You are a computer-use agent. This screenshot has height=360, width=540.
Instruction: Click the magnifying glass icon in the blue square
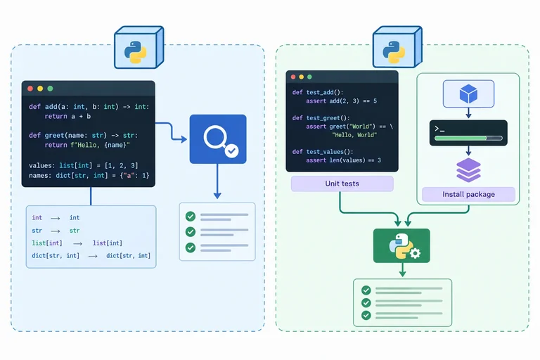tap(216, 138)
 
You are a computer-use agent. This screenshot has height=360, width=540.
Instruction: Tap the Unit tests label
tap(342, 184)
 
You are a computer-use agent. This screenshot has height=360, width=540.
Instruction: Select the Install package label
tap(468, 194)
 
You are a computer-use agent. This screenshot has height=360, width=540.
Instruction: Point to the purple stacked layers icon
tap(468, 170)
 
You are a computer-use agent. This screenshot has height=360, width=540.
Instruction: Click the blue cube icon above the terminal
tap(468, 94)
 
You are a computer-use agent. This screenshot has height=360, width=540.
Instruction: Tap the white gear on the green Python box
tap(416, 254)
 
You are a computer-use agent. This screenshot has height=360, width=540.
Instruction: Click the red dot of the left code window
tap(30, 89)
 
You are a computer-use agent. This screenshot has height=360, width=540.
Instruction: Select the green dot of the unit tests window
tap(309, 77)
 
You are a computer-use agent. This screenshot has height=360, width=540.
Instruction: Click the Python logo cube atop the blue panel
tap(139, 48)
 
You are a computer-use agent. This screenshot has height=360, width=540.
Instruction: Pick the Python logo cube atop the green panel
tap(397, 48)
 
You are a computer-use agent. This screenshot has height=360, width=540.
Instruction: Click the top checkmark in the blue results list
tap(191, 217)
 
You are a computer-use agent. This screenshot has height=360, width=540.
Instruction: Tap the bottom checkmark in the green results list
tap(366, 315)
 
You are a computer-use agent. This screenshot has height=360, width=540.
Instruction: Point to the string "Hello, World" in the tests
tap(354, 135)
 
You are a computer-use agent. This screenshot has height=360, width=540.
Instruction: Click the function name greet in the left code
tap(54, 136)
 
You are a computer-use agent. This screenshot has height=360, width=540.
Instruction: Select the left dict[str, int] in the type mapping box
tap(56, 256)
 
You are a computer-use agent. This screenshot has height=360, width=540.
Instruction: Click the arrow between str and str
tap(56, 231)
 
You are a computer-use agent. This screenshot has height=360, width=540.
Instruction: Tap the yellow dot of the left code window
tap(40, 89)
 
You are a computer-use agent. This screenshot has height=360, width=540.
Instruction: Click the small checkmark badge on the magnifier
tap(232, 150)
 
